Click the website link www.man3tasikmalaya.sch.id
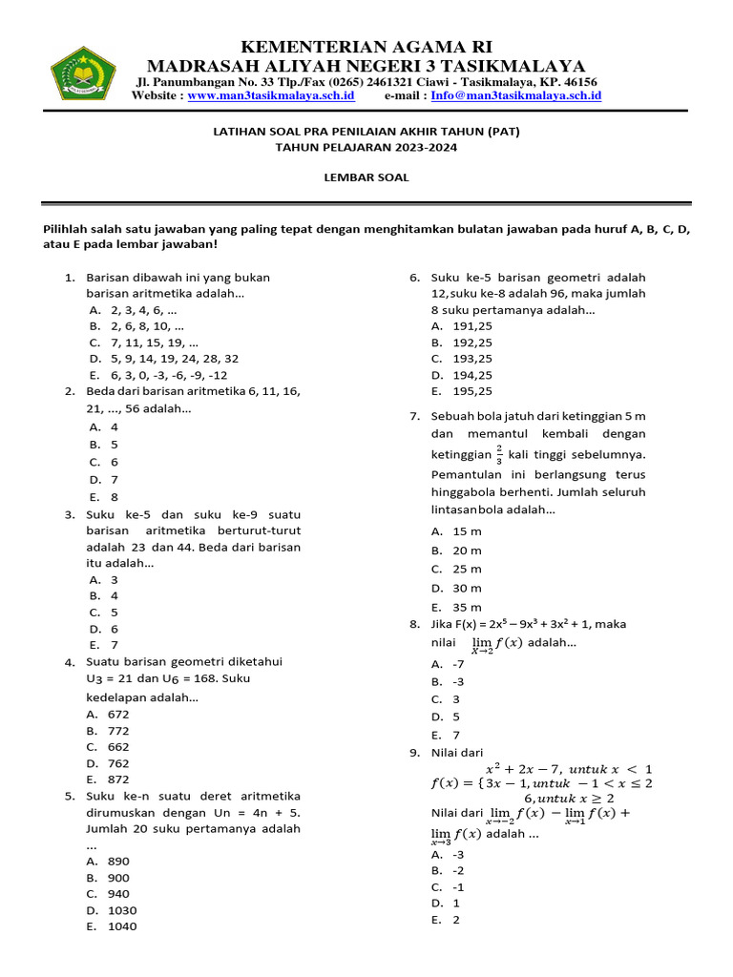271,96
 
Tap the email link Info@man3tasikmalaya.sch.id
515,96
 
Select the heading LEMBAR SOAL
366,177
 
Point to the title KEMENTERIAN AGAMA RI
366,48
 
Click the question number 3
70,514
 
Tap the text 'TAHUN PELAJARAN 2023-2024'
366,148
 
